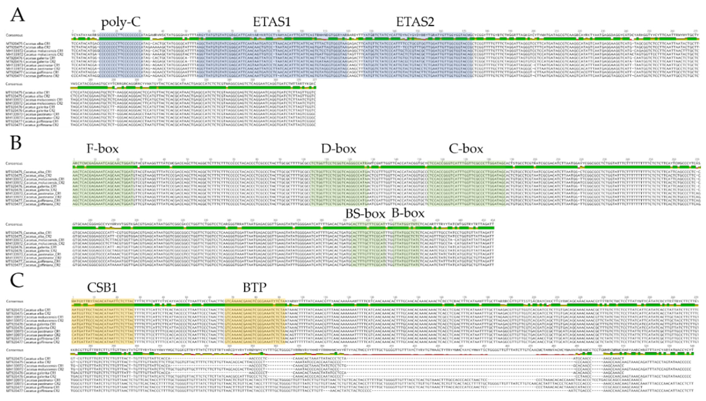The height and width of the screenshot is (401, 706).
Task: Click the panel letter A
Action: tap(17, 15)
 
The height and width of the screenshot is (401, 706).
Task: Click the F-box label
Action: tap(102, 149)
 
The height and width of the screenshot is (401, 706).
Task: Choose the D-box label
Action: tap(338, 149)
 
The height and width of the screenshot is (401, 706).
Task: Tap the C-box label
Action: tap(466, 149)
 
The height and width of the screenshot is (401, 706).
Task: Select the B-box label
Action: tap(408, 213)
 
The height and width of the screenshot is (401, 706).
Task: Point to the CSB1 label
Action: tap(102, 287)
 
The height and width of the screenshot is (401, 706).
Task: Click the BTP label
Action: tap(254, 287)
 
